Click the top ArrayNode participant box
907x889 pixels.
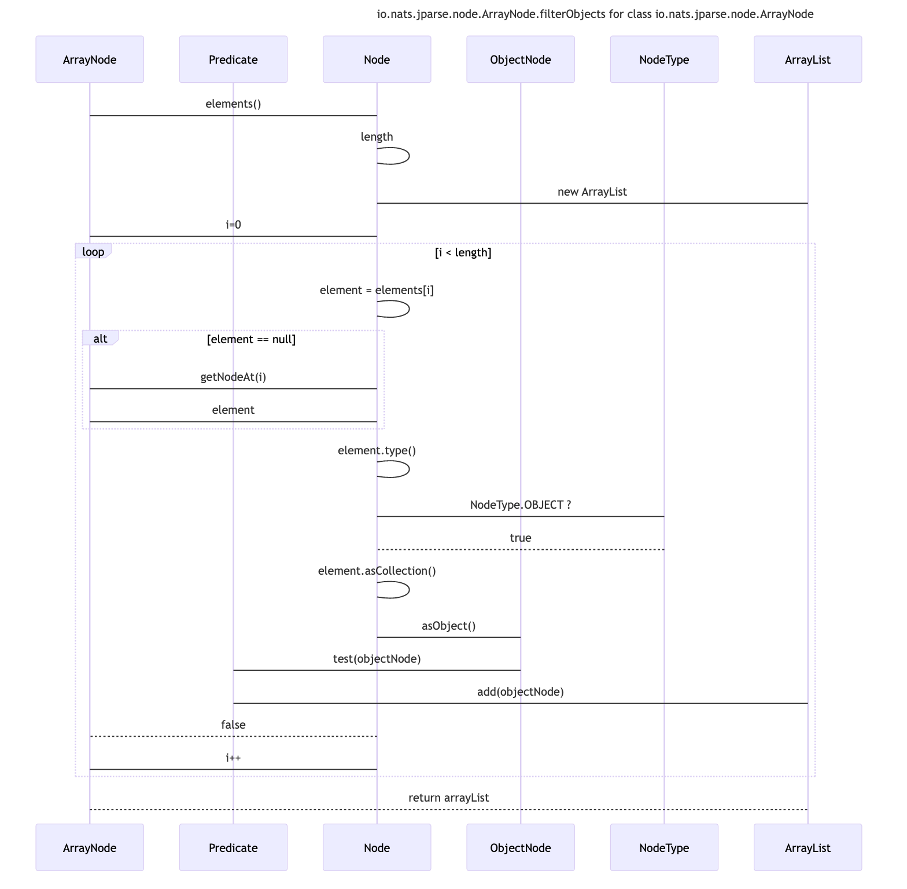click(x=90, y=60)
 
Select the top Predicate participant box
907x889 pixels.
click(x=233, y=60)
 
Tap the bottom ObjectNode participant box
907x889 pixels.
click(x=520, y=847)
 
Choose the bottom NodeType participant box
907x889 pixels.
click(x=664, y=847)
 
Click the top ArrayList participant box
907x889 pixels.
click(x=808, y=60)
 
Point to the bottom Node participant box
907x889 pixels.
click(x=377, y=847)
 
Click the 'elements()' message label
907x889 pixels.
click(x=233, y=104)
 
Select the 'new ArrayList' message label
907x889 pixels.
click(x=592, y=192)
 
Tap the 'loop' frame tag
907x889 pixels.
click(x=93, y=252)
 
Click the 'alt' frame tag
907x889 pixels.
click(x=100, y=339)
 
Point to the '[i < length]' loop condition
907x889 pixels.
click(x=463, y=252)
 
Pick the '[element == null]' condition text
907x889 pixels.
click(x=251, y=339)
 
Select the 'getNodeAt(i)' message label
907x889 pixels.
click(x=233, y=377)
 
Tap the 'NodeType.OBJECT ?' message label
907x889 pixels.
click(x=520, y=505)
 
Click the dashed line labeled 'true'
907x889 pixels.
click(x=520, y=549)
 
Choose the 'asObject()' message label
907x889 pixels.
click(x=448, y=626)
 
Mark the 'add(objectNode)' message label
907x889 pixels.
click(x=520, y=692)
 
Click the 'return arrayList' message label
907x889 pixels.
click(x=448, y=798)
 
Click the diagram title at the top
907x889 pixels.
click(x=595, y=14)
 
